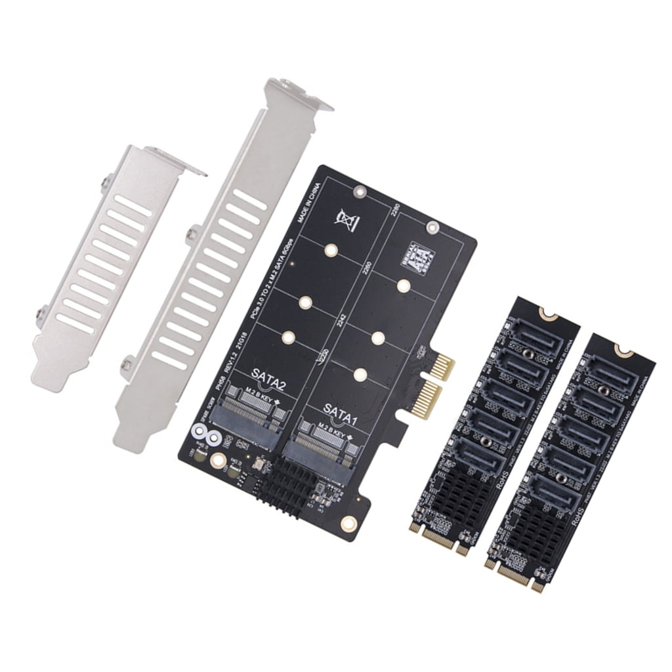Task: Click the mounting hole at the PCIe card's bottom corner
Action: point(348,522)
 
